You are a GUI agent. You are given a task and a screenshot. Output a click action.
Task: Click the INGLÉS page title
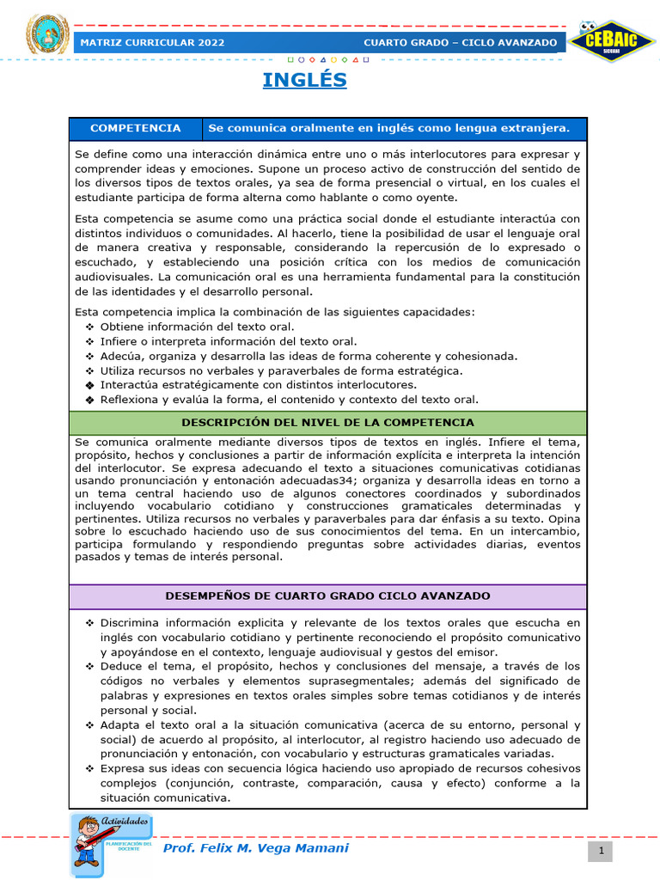pos(304,81)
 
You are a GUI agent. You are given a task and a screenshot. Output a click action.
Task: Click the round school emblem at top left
pos(47,35)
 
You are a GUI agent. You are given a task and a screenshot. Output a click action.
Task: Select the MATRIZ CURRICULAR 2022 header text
pos(152,42)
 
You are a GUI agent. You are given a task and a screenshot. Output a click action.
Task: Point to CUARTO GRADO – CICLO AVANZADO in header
pos(459,42)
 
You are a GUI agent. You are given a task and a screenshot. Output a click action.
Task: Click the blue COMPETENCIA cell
pos(136,129)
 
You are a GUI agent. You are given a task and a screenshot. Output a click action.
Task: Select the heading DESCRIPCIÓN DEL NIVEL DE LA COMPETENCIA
pos(327,423)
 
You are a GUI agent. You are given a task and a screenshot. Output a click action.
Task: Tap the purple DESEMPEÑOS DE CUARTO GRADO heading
pos(327,596)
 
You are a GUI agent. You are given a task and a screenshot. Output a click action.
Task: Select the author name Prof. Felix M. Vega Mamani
pos(256,848)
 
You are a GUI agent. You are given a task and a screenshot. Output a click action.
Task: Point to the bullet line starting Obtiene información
pos(197,327)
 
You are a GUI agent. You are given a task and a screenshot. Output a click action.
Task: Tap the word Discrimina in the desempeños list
pos(131,622)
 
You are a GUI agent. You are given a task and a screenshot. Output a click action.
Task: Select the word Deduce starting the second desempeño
pos(121,666)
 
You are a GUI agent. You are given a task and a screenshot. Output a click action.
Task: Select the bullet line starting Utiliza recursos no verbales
pos(281,370)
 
